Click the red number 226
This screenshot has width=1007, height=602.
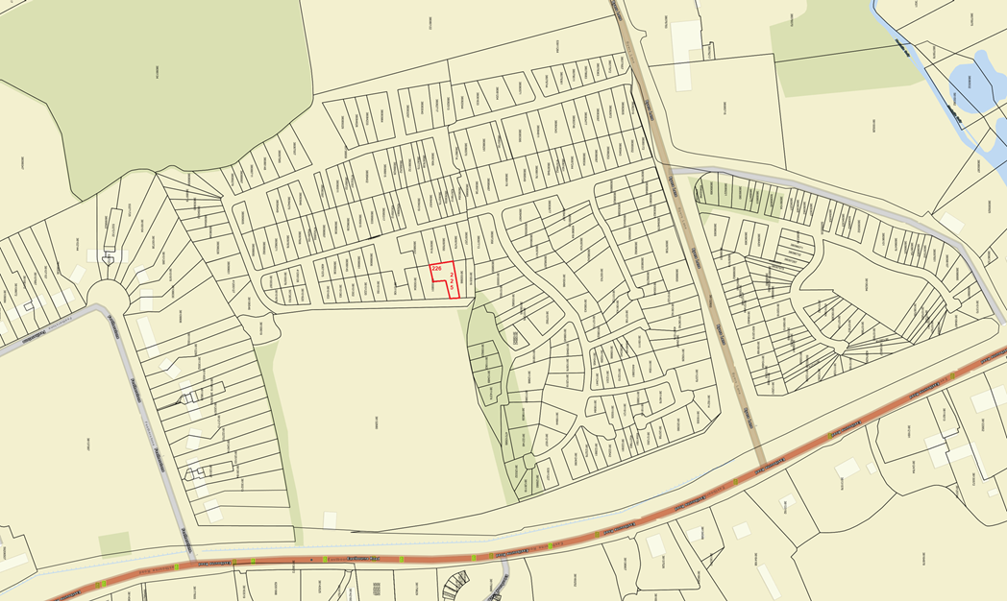pyautogui.click(x=436, y=268)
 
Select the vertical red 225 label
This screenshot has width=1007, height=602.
pyautogui.click(x=453, y=280)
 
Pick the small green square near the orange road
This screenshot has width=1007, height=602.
pyautogui.click(x=114, y=543)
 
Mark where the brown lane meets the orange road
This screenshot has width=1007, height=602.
pyautogui.click(x=759, y=468)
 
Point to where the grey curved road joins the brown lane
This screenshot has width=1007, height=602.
pyautogui.click(x=672, y=170)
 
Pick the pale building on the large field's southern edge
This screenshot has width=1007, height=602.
pyautogui.click(x=331, y=520)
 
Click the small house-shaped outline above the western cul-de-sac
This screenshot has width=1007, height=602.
pyautogui.click(x=109, y=259)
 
